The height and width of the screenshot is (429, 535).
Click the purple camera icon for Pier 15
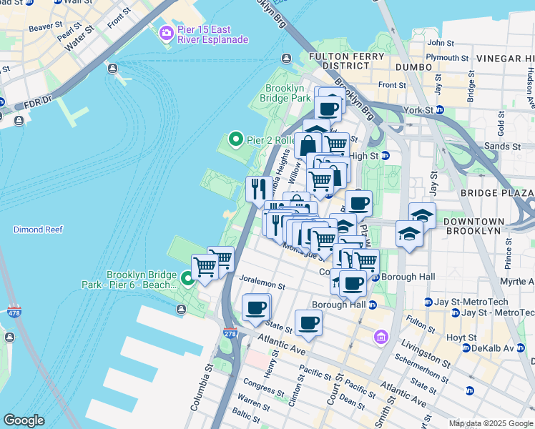click(167, 32)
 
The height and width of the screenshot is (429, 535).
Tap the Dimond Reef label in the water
click(38, 230)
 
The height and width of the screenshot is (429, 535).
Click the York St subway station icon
click(440, 110)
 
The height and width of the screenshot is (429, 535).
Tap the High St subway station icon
click(385, 155)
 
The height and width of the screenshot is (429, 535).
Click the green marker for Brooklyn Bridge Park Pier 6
click(187, 278)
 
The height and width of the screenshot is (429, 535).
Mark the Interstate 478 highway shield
click(15, 312)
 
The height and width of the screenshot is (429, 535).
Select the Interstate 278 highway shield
click(230, 333)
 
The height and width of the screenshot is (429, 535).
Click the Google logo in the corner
click(24, 420)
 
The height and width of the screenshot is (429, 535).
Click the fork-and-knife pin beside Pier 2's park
click(258, 189)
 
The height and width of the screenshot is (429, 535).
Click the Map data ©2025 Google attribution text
click(490, 423)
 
